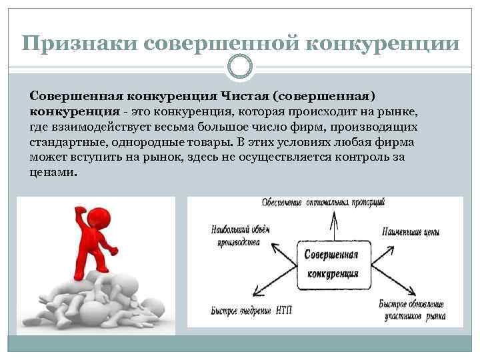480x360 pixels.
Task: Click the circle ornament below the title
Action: click(240, 67)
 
